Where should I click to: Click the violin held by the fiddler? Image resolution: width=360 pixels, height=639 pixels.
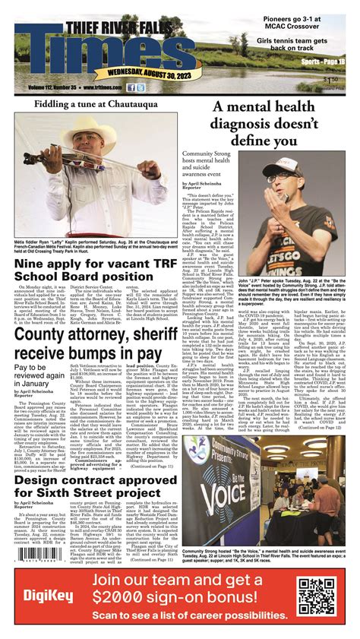(x=61, y=160)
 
